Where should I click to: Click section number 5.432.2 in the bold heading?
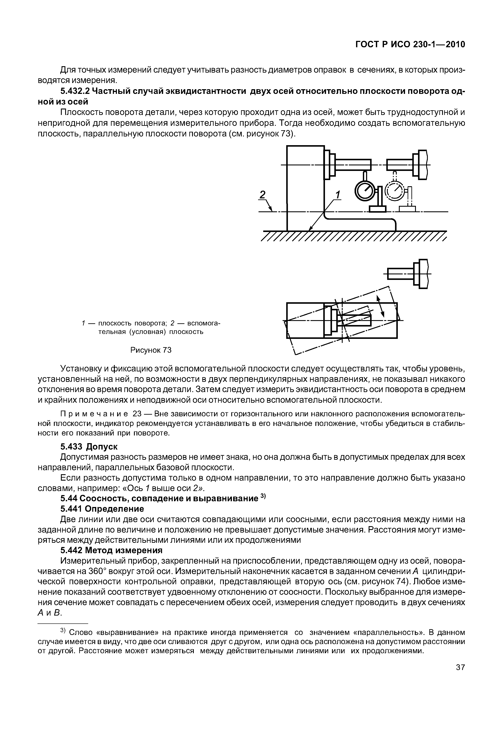click(x=75, y=91)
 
